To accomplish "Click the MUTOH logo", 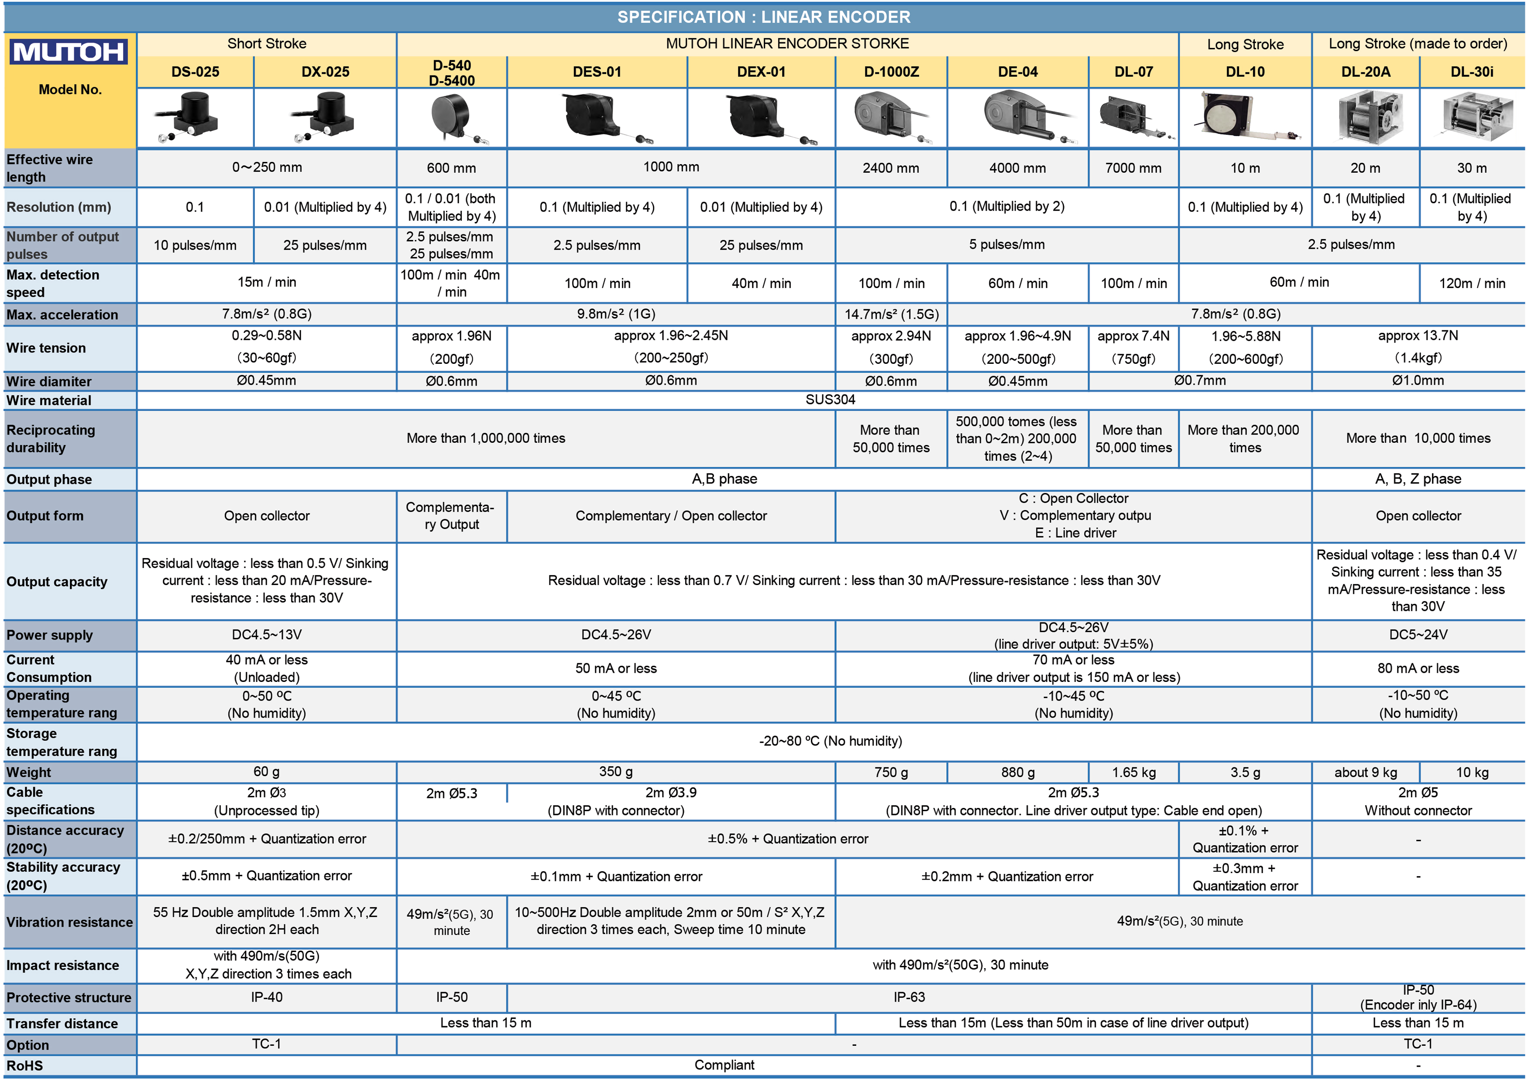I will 69,52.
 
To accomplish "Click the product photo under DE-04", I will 1018,118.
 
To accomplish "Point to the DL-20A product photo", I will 1365,118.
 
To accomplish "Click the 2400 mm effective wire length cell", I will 890,168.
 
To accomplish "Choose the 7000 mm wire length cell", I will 1133,168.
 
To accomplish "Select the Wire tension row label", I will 47,348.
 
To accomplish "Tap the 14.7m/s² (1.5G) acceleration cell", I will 892,314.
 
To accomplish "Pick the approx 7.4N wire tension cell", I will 1133,347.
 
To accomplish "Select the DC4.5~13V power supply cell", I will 267,635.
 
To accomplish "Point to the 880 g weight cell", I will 1018,772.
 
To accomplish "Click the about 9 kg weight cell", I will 1365,772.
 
